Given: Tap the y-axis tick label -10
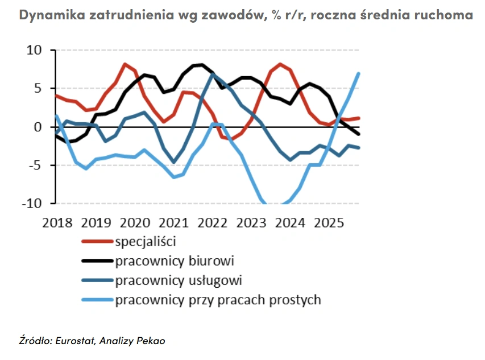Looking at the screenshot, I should (x=32, y=204).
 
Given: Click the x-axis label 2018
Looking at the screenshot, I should (x=58, y=222).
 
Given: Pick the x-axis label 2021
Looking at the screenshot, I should (x=173, y=222).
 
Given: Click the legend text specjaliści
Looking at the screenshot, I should (x=145, y=241).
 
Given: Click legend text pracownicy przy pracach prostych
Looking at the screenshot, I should (x=218, y=300).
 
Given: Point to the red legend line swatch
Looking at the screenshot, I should (x=97, y=242).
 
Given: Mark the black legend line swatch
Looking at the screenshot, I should (x=97, y=261).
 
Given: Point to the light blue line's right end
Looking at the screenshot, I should (x=358, y=73).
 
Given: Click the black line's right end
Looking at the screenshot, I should (x=358, y=134).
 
